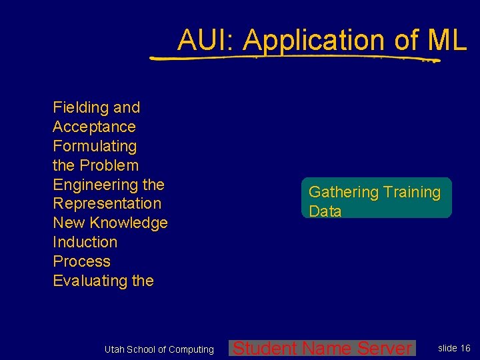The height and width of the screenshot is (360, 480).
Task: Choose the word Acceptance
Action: click(94, 127)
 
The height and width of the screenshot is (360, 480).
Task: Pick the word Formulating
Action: click(95, 146)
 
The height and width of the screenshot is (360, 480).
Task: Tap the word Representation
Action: click(107, 203)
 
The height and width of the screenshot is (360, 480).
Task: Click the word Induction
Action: click(85, 242)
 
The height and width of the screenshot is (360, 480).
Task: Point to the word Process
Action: click(81, 261)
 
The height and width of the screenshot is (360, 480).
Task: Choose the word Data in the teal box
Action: click(325, 211)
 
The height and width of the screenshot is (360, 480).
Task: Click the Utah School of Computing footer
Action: click(159, 349)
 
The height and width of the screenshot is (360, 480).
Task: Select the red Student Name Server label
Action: click(323, 348)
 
